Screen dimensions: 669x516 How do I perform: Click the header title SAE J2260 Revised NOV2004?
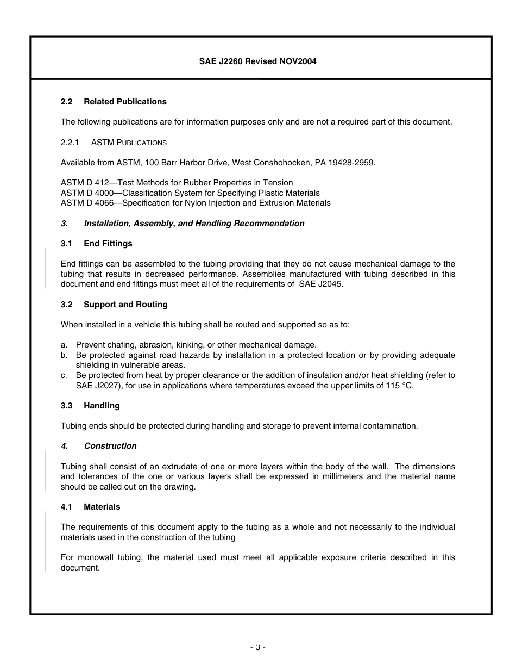pos(257,61)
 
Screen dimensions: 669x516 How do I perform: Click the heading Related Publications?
pos(125,102)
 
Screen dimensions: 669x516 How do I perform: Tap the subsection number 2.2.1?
pos(70,143)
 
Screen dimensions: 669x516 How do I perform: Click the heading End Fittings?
pos(108,244)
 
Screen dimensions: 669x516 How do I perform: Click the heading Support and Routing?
pos(125,305)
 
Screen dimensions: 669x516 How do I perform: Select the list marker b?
pos(64,355)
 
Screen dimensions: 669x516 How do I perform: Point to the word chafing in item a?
pos(120,345)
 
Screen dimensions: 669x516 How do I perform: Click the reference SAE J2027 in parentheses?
pos(95,386)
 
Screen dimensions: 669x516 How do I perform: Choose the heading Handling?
pos(102,406)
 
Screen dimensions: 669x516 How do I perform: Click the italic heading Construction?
pos(110,446)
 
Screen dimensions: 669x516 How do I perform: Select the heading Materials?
pos(102,507)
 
